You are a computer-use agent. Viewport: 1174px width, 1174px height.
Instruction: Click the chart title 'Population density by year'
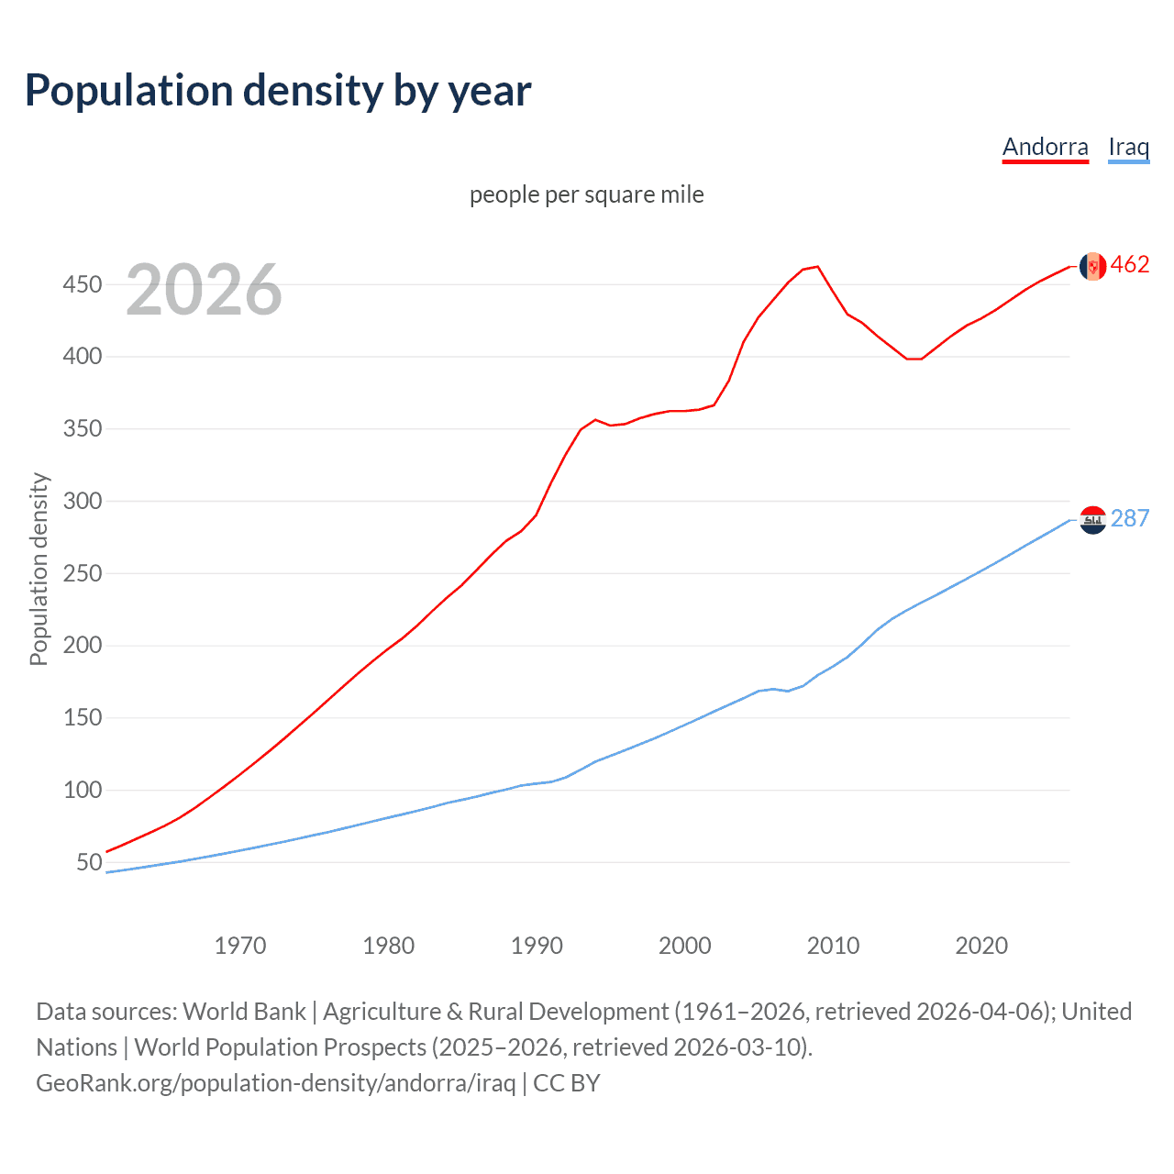(x=278, y=91)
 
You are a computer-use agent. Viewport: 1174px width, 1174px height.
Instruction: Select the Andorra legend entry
(x=1045, y=147)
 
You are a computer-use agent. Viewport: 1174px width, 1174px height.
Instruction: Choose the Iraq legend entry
(x=1128, y=147)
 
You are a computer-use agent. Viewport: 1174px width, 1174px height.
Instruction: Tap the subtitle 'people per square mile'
(x=586, y=194)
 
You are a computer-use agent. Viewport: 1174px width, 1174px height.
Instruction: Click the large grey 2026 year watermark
(x=204, y=290)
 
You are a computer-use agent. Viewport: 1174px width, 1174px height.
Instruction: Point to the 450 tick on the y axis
(x=82, y=284)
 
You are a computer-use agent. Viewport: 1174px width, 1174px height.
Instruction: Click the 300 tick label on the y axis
(x=82, y=501)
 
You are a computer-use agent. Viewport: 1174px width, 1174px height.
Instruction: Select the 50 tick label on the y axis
(x=89, y=862)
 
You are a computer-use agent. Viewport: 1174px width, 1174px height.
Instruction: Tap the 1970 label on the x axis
(x=239, y=946)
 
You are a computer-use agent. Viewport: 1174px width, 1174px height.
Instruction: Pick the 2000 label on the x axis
(x=684, y=946)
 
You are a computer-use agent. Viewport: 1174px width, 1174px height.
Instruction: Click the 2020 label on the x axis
(x=981, y=946)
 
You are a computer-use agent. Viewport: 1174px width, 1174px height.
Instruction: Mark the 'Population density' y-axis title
(x=39, y=569)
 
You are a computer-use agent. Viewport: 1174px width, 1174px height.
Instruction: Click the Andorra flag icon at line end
(x=1092, y=266)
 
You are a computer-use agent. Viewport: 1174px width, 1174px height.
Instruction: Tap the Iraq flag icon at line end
(x=1092, y=520)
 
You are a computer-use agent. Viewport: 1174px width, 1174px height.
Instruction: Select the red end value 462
(x=1130, y=265)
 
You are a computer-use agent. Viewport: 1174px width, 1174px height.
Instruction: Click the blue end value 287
(x=1130, y=519)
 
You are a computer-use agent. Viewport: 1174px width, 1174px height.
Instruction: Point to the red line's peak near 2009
(x=817, y=267)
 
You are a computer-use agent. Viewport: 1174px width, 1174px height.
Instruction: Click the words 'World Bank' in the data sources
(x=244, y=1012)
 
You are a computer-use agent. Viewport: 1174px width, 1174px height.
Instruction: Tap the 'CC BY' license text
(x=567, y=1083)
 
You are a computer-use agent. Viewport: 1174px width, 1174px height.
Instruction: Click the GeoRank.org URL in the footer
(x=275, y=1083)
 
